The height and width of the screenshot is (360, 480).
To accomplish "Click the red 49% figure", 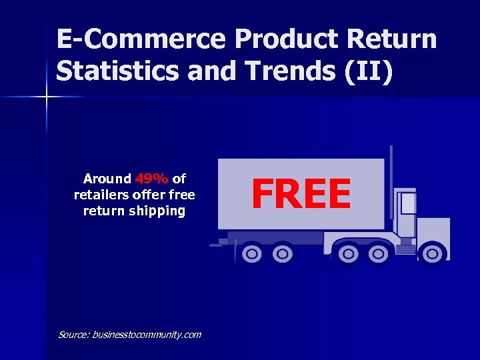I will coord(152,179).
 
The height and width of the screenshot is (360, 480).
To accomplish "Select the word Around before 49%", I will coord(107,179).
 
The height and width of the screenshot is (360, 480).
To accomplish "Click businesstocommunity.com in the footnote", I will coord(147,335).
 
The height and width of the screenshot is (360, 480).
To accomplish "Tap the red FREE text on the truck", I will coord(301,195).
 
